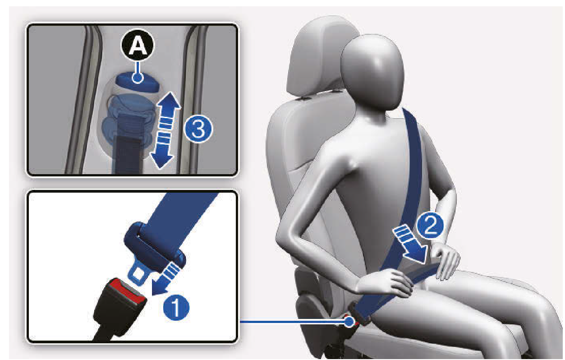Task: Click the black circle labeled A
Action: [x=138, y=45]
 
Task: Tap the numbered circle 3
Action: [x=198, y=129]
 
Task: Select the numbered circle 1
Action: [x=176, y=307]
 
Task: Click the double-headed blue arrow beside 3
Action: [x=165, y=130]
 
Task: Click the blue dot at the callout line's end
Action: [x=349, y=322]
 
